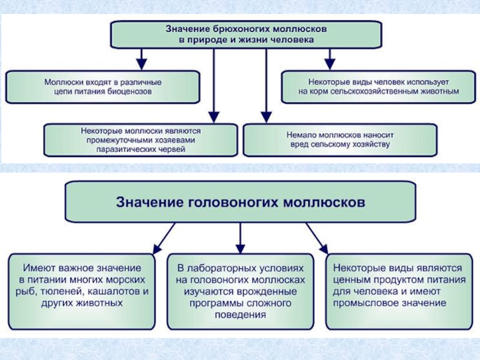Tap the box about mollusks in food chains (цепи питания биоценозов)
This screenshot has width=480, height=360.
coord(103,86)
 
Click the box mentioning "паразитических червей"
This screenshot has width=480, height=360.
coord(140,140)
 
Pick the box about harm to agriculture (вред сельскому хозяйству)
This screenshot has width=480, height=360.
coord(339,140)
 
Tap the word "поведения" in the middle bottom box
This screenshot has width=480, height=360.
coord(241,314)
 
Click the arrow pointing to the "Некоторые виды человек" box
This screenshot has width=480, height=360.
coord(329,59)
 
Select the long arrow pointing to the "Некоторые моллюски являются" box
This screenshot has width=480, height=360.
coord(212,84)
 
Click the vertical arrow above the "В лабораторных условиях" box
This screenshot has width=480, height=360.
coord(240,236)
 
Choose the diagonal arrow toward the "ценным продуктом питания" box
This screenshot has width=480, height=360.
coord(317,236)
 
